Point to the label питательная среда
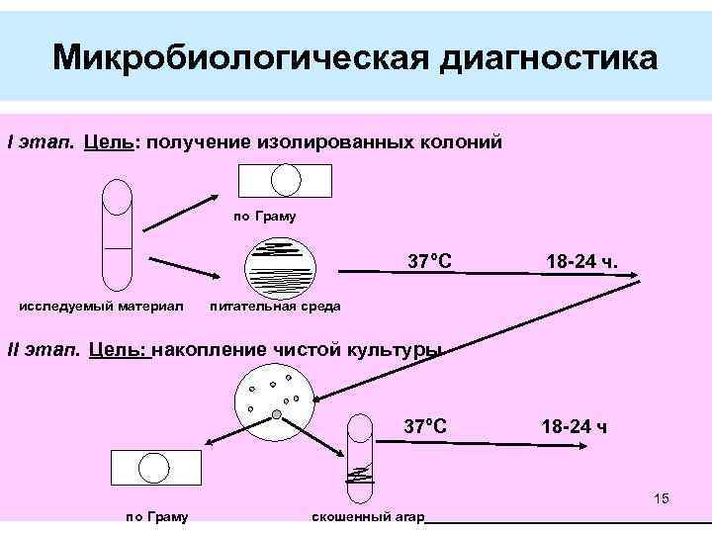point(276,306)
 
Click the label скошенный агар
point(368,517)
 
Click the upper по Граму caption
point(264,217)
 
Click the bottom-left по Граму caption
point(158,517)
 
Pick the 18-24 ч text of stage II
point(574,427)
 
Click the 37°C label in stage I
point(430,262)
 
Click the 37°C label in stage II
point(425,426)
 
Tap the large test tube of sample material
point(118,232)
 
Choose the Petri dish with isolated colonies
point(275,403)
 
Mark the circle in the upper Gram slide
point(286,180)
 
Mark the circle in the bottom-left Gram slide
point(156,468)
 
